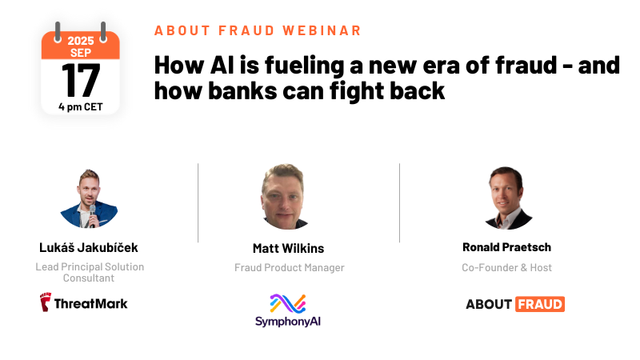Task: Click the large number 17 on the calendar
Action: (x=80, y=80)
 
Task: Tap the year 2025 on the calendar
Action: (x=80, y=39)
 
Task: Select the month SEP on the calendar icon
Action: (x=80, y=52)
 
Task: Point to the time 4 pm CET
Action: (x=80, y=105)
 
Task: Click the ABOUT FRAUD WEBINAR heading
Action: (x=258, y=30)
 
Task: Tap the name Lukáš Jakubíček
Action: (x=90, y=246)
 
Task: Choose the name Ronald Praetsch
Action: (x=506, y=247)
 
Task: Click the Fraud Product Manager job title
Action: (x=289, y=267)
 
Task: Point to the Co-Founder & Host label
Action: (x=506, y=267)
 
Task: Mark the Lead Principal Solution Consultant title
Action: (x=90, y=272)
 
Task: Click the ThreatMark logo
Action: (x=84, y=302)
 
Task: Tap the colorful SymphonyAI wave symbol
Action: (x=287, y=304)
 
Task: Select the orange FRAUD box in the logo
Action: (x=539, y=304)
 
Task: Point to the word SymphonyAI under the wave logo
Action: (x=288, y=322)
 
